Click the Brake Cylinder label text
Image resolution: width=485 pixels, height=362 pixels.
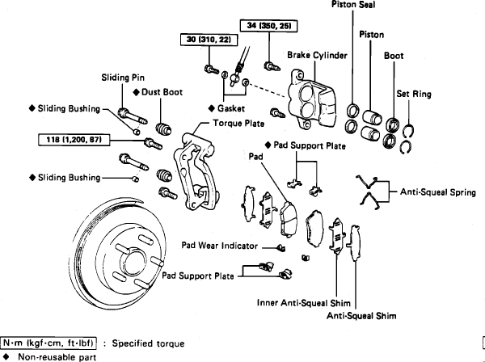pyautogui.click(x=317, y=56)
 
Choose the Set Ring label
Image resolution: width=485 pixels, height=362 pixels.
pyautogui.click(x=413, y=94)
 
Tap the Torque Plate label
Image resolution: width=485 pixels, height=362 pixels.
pyautogui.click(x=238, y=124)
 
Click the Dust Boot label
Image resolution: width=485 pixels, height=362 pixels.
pyautogui.click(x=162, y=92)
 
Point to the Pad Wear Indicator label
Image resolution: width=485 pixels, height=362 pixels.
pyautogui.click(x=219, y=244)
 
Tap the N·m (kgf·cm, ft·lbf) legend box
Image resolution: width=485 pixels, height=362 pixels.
pyautogui.click(x=53, y=342)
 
